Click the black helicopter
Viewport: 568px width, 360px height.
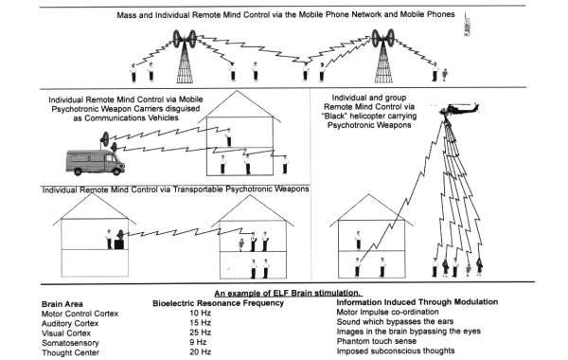(458, 108)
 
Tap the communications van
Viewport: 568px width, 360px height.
(96, 163)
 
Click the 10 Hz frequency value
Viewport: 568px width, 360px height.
(200, 313)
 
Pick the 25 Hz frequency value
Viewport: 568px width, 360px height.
(200, 333)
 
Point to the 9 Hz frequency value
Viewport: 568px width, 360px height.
(198, 342)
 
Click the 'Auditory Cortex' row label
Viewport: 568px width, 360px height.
(70, 323)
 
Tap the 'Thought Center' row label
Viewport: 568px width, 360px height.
(70, 352)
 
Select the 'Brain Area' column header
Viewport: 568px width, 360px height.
(62, 304)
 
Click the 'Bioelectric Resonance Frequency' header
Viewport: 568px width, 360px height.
(218, 303)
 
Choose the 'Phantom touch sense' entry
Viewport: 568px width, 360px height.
(377, 341)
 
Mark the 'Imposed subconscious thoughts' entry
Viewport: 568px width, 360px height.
(396, 351)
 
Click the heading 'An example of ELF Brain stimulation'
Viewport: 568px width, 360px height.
(289, 294)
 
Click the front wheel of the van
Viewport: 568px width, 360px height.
(116, 171)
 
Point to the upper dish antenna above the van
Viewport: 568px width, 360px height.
(105, 139)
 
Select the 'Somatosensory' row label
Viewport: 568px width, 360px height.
(70, 343)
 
